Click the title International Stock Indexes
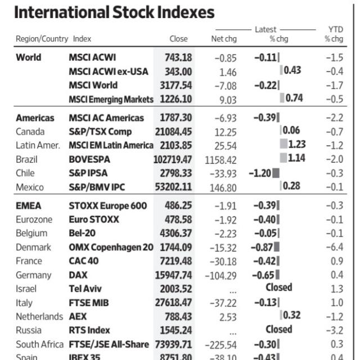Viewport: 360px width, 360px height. point(114,12)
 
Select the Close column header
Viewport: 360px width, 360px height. point(178,39)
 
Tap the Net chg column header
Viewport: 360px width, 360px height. point(223,39)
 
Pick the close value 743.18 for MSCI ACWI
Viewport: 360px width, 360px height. point(178,57)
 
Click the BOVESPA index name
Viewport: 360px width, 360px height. point(90,159)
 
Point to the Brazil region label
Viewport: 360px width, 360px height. point(26,159)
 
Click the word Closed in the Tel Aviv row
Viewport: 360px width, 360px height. point(279,287)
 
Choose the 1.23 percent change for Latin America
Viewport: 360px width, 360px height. point(296,145)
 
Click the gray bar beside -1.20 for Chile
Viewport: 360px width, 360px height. point(276,173)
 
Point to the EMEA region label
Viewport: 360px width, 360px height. point(28,206)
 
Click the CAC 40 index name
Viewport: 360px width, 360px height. point(83,261)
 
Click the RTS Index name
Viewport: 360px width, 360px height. point(89,330)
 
